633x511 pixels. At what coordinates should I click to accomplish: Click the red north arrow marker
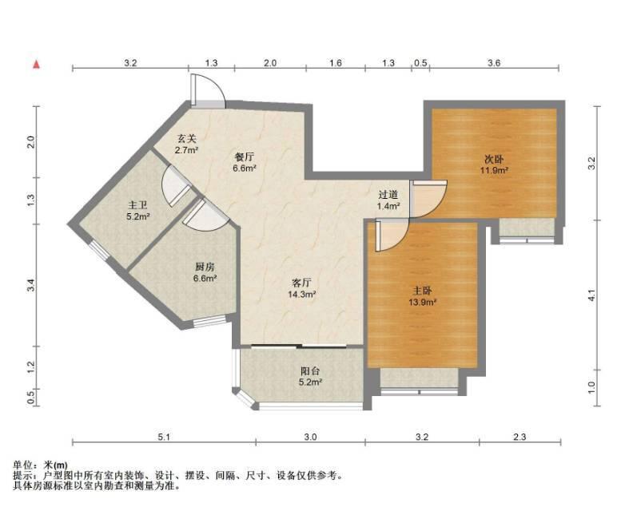pyautogui.click(x=36, y=64)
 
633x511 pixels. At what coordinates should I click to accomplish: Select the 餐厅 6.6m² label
pyautogui.click(x=245, y=163)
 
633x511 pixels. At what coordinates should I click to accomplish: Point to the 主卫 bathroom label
pyautogui.click(x=138, y=211)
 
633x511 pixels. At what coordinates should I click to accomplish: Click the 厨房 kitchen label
pyautogui.click(x=205, y=271)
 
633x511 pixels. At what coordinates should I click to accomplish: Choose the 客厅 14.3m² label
pyautogui.click(x=301, y=288)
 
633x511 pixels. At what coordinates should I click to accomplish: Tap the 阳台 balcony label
pyautogui.click(x=310, y=376)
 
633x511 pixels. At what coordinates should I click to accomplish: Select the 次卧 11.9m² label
pyautogui.click(x=494, y=164)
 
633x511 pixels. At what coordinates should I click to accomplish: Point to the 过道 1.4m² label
pyautogui.click(x=388, y=200)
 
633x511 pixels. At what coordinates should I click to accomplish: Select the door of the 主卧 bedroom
pyautogui.click(x=392, y=236)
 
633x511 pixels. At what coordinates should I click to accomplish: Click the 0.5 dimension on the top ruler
pyautogui.click(x=420, y=63)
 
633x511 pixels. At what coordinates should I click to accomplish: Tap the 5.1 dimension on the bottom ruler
pyautogui.click(x=164, y=437)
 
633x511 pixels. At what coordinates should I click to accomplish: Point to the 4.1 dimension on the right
pyautogui.click(x=591, y=295)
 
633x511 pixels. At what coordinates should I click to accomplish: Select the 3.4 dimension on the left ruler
pyautogui.click(x=33, y=285)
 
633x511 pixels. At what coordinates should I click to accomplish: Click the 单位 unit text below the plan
pyautogui.click(x=22, y=465)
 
